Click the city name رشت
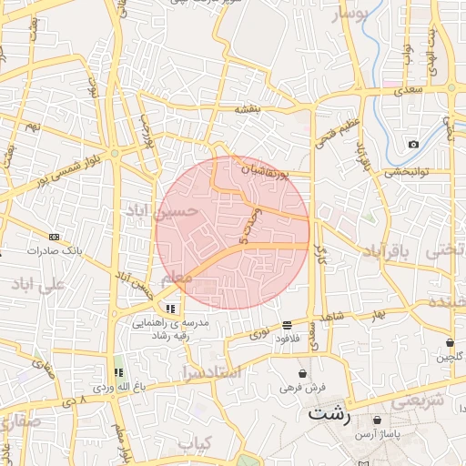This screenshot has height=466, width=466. click(329, 414)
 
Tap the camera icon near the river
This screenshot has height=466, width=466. click(413, 145)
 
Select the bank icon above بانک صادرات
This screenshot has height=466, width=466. click(54, 237)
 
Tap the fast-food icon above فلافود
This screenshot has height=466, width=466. click(287, 325)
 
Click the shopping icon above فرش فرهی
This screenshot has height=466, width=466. click(302, 374)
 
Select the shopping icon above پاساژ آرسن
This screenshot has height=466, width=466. click(378, 420)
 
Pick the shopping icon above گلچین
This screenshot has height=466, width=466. click(451, 343)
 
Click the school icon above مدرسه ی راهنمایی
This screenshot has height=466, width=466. click(170, 309)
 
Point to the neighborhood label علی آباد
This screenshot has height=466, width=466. click(37, 284)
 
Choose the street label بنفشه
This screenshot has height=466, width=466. click(248, 109)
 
